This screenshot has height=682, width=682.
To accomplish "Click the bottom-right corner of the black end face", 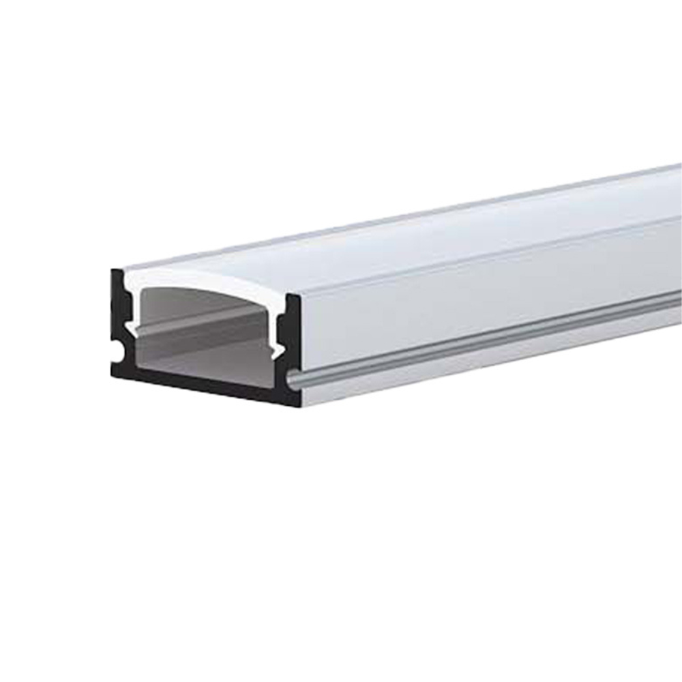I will click(x=297, y=406).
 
